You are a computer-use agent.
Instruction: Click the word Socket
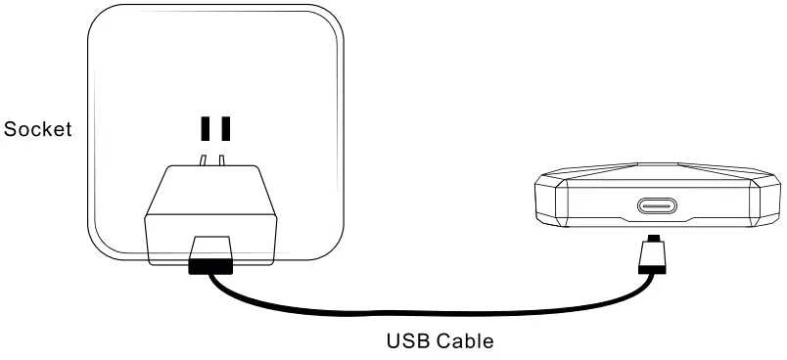pos(38,129)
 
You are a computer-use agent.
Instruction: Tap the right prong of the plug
pos(222,157)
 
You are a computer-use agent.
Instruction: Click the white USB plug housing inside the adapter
pos(211,246)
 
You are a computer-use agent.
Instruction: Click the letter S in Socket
pos(10,129)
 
